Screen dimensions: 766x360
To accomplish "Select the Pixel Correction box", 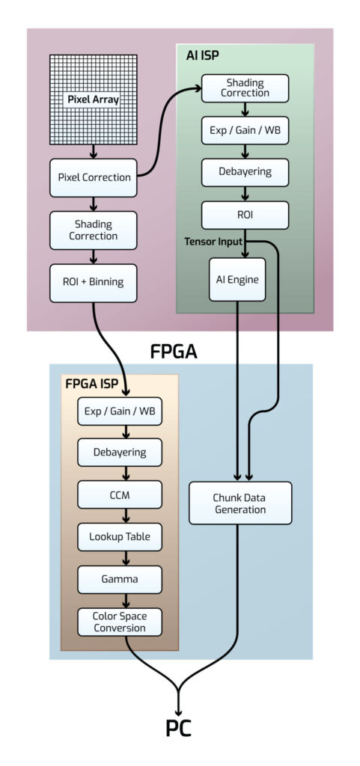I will [x=94, y=178].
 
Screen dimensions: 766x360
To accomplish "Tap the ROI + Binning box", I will [x=94, y=283].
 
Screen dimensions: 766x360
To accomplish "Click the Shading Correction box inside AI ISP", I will [x=245, y=88].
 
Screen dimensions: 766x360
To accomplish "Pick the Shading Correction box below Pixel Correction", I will [x=94, y=230].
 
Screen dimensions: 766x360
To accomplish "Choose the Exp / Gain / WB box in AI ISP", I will [x=245, y=130].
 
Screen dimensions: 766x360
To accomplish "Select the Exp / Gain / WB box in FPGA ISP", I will [x=120, y=411].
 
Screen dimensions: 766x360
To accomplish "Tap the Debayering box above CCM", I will [x=120, y=453].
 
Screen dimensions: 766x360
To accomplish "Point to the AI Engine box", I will [x=237, y=279].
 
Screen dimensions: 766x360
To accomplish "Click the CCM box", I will [x=120, y=494].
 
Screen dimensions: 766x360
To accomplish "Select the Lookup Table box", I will [x=120, y=536].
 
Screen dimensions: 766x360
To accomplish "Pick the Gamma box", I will [x=120, y=579].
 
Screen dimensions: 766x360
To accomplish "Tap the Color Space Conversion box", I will [x=120, y=622].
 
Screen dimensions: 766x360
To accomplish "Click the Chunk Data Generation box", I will [x=240, y=503].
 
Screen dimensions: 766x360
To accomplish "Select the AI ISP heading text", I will [x=202, y=55].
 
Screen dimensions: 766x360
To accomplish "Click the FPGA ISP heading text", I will [x=93, y=385].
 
